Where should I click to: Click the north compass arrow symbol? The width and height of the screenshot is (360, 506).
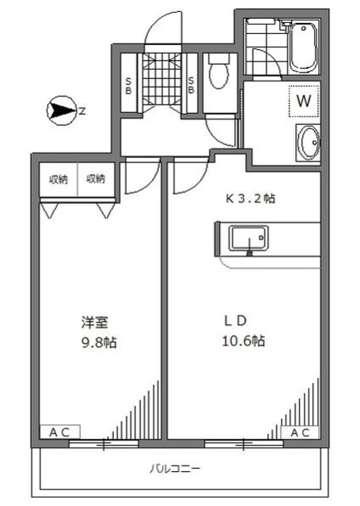click(x=62, y=110)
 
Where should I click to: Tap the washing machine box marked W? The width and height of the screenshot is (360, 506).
click(x=302, y=100)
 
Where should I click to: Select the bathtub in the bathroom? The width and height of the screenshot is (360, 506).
click(x=303, y=46)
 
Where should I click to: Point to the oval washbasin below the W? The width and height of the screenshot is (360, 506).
click(x=307, y=143)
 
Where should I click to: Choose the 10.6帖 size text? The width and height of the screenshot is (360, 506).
click(x=242, y=342)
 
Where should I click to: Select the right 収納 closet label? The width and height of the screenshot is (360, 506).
click(x=96, y=179)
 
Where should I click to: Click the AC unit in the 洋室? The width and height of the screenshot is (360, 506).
click(x=60, y=432)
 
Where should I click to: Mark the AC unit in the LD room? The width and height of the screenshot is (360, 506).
click(x=298, y=432)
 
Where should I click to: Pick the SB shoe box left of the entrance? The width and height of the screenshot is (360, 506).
click(x=130, y=85)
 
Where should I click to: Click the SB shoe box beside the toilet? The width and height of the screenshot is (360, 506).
click(x=192, y=85)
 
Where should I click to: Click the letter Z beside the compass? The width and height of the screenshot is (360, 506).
click(x=82, y=110)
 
